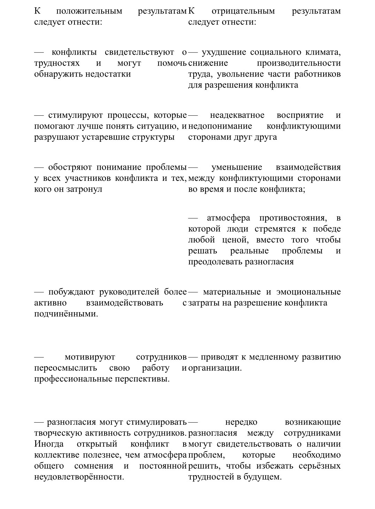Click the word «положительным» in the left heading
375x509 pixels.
89,11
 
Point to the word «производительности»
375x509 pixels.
299,63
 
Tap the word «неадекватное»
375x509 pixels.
237,115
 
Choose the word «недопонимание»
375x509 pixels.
220,126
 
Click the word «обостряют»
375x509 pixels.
70,167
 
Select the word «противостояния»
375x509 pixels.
293,218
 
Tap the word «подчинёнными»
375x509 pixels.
66,314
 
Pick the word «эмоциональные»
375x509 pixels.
308,292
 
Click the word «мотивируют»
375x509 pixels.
90,357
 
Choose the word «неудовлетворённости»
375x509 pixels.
79,477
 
